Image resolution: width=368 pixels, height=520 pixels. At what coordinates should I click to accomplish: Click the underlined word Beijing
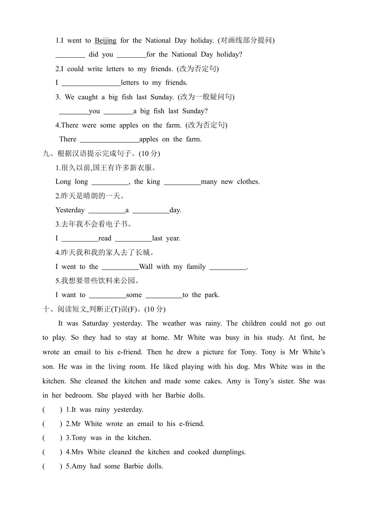pyautogui.click(x=105, y=41)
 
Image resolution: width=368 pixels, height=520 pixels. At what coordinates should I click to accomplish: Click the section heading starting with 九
pyautogui.click(x=101, y=154)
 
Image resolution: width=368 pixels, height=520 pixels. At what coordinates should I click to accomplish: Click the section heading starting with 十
pyautogui.click(x=104, y=309)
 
